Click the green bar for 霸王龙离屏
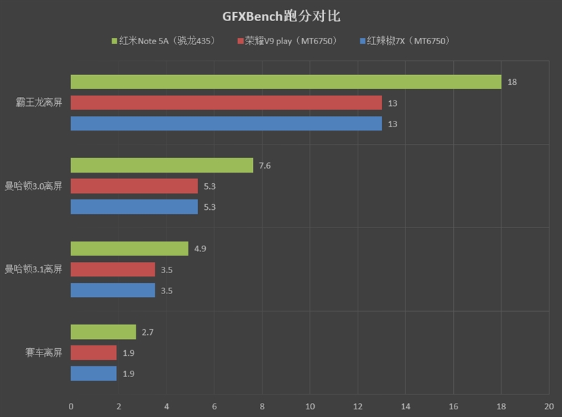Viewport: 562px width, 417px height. click(x=286, y=82)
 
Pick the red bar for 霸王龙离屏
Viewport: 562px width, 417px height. click(x=226, y=103)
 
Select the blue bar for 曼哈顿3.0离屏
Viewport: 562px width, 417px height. click(x=134, y=207)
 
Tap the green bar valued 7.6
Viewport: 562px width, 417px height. click(x=162, y=165)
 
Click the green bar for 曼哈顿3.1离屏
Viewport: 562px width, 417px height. click(x=129, y=249)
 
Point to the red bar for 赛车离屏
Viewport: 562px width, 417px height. click(x=93, y=352)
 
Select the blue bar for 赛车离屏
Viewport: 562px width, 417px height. click(x=93, y=373)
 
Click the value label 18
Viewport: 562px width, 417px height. click(x=512, y=82)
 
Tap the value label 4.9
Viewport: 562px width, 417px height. click(x=200, y=249)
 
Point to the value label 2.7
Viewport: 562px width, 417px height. click(x=148, y=332)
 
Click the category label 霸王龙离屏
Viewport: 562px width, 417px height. click(x=39, y=103)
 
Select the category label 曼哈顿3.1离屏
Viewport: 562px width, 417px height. click(x=34, y=270)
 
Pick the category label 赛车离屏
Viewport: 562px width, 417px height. click(x=44, y=352)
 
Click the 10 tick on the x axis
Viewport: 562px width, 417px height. click(x=310, y=406)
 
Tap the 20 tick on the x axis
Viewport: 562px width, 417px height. click(x=549, y=406)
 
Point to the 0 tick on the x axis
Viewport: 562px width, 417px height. click(x=71, y=406)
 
